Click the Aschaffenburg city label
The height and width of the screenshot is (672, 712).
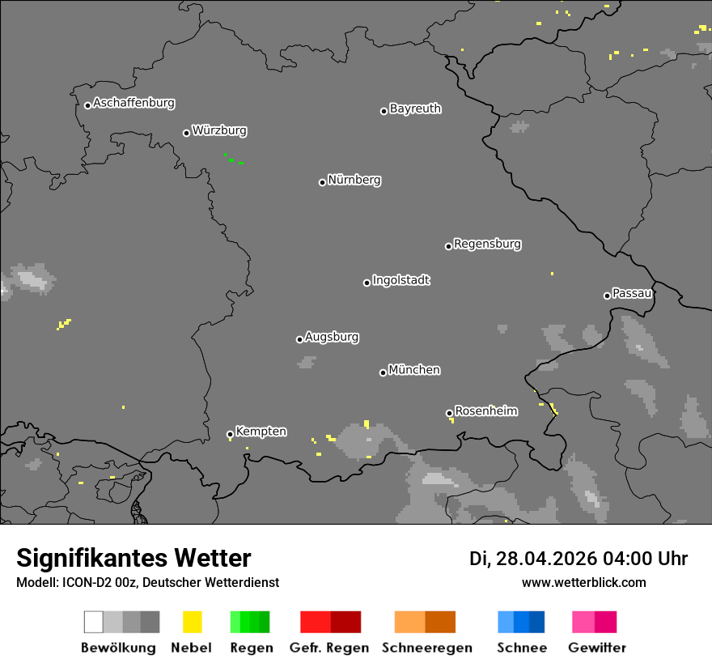(x=133, y=104)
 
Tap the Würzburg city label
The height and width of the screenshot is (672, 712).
(x=219, y=130)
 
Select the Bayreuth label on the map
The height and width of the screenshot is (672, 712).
(x=415, y=108)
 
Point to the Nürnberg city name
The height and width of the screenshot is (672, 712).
(x=354, y=180)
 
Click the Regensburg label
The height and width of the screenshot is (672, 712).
(x=487, y=244)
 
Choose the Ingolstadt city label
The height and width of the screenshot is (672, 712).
(x=401, y=280)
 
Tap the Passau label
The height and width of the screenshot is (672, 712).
(x=632, y=293)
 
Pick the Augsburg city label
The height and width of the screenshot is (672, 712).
(x=332, y=337)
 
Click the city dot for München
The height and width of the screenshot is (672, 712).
(x=383, y=372)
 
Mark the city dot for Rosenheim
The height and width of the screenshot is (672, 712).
(x=449, y=414)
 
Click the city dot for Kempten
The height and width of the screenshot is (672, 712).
(x=230, y=435)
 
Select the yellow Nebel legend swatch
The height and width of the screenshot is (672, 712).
(x=192, y=622)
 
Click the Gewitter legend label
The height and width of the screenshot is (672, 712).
(x=596, y=648)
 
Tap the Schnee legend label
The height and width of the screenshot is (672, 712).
(x=521, y=648)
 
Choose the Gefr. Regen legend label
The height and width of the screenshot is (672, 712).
(x=329, y=648)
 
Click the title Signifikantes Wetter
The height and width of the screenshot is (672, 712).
(x=133, y=559)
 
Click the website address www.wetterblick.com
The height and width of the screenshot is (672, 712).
(x=583, y=583)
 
